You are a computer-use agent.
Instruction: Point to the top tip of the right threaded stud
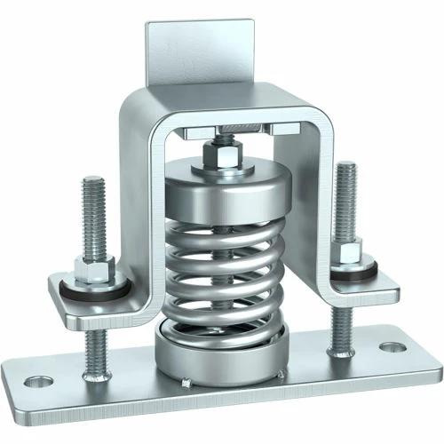(345, 165)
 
